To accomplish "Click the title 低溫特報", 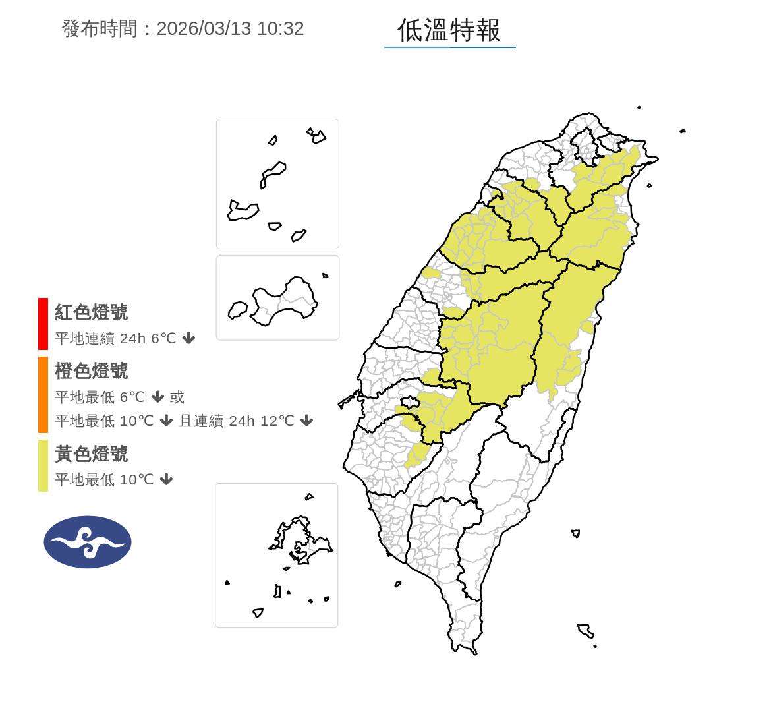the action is [x=449, y=30].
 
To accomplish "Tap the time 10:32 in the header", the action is [x=280, y=29].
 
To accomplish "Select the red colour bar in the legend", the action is [x=43, y=324].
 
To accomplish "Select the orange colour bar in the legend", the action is [x=43, y=394].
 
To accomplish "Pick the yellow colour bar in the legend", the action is [x=43, y=465].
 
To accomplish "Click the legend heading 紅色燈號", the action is [x=91, y=312].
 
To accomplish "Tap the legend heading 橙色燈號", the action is [x=91, y=371].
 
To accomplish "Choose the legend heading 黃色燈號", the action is [x=91, y=454].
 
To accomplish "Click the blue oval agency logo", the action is [x=88, y=542].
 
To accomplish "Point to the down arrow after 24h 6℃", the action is [x=188, y=339].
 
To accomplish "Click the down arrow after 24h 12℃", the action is [x=306, y=421].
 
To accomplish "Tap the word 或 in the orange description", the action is [x=177, y=397].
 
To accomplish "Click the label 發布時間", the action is [x=100, y=29].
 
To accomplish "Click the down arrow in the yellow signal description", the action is [x=166, y=480].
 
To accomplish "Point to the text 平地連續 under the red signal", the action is [x=84, y=339].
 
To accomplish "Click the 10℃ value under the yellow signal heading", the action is [x=136, y=480].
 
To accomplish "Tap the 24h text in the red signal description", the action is [x=132, y=339].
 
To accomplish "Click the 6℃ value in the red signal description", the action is [x=163, y=339].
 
